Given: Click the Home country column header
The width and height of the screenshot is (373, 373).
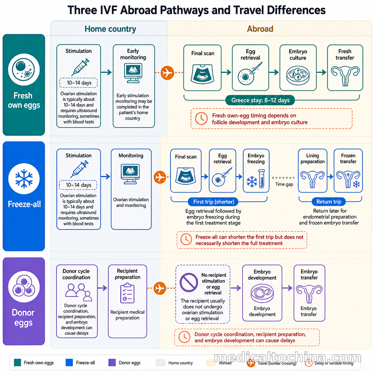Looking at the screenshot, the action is (110, 29).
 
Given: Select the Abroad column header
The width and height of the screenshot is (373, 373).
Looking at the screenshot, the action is (260, 29).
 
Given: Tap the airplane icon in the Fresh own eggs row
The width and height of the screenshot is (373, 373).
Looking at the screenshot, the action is (167, 72).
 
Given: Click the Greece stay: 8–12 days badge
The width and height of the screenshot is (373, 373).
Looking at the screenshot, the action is (260, 100).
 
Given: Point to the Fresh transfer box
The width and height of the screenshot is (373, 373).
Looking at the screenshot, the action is (345, 68).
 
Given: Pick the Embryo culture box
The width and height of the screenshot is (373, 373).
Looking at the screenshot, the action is (298, 68).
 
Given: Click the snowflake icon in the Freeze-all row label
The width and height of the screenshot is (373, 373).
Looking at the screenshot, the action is (24, 178).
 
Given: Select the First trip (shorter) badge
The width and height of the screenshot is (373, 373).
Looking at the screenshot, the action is (213, 202).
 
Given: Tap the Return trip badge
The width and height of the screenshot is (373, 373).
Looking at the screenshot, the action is (329, 202).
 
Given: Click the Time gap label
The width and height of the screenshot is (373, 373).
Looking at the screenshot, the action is (284, 184).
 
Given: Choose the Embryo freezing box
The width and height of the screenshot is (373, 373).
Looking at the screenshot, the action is (256, 170).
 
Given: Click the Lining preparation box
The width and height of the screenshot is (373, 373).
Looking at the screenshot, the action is (313, 170).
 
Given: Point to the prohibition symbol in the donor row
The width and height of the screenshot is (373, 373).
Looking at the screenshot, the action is (189, 282).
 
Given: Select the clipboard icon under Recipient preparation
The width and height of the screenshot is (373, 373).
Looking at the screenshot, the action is (127, 293).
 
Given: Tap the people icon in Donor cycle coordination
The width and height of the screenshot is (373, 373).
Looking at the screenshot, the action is (79, 292).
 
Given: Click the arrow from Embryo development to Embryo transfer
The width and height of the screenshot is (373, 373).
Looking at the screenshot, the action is (287, 288).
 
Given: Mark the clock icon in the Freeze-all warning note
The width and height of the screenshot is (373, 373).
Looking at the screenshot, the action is (186, 240).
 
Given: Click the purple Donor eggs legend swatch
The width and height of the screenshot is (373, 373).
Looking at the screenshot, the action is (112, 362).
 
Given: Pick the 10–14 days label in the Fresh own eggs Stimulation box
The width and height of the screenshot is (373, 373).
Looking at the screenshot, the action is (79, 83).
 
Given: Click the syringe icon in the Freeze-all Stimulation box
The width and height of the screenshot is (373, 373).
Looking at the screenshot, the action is (79, 169).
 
